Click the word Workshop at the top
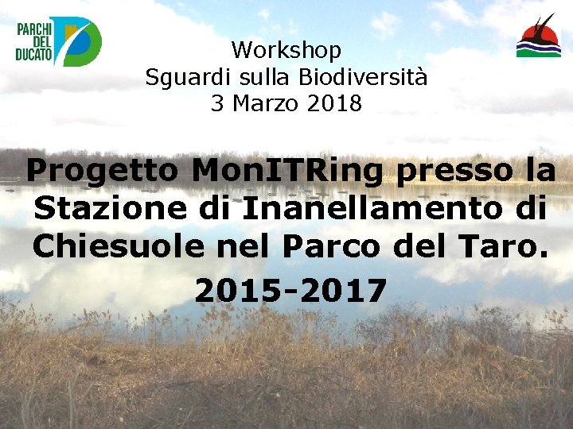pos(286,51)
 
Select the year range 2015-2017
pos(290,291)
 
